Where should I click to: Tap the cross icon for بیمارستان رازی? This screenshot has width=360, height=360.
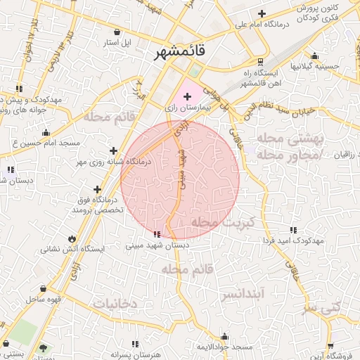[x=187, y=95]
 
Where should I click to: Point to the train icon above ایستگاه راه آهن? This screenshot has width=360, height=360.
[x=261, y=61]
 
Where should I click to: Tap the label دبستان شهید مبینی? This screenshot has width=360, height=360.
[x=158, y=246]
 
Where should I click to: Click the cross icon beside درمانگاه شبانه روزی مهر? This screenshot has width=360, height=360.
[x=114, y=150]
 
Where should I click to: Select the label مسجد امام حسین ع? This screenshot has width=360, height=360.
[x=42, y=143]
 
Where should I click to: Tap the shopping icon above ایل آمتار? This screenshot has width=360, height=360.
[x=117, y=32]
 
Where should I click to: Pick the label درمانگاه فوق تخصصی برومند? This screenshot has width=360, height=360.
[x=98, y=205]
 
